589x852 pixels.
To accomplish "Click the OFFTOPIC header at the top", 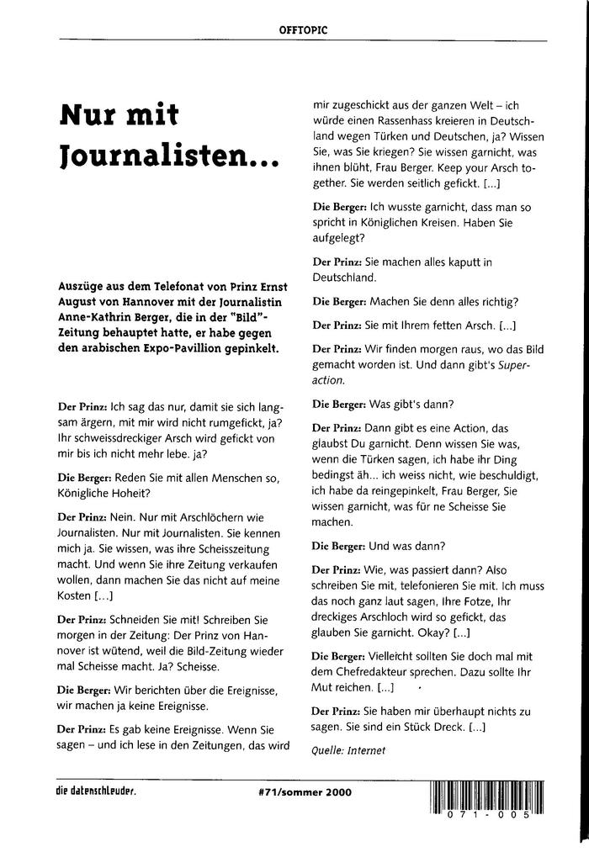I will click(303, 30).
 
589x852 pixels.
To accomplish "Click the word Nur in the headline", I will click(89, 115).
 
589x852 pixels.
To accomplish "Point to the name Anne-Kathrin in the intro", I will click(97, 316).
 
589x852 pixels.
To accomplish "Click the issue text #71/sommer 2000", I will click(305, 792).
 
